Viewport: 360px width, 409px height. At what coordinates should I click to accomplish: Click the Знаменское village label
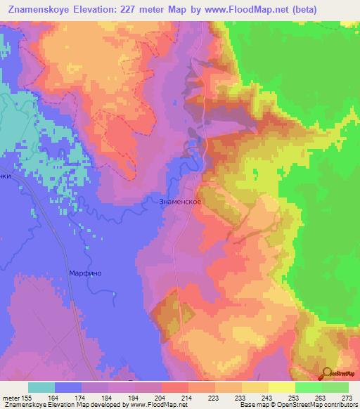coord(181,202)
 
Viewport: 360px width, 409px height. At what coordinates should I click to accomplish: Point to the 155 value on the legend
coord(27,396)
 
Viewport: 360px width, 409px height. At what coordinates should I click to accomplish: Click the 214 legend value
coord(187,396)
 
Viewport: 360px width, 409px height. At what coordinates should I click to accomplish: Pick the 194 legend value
coord(134,396)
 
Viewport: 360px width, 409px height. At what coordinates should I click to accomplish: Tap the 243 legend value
coord(265,396)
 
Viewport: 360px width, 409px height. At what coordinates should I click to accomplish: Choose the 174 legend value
coord(82,396)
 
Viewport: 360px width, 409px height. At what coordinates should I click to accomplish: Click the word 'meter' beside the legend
coord(10,396)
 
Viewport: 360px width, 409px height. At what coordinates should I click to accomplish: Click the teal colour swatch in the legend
coord(41,387)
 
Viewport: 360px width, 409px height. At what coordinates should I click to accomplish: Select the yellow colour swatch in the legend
coord(281,387)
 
